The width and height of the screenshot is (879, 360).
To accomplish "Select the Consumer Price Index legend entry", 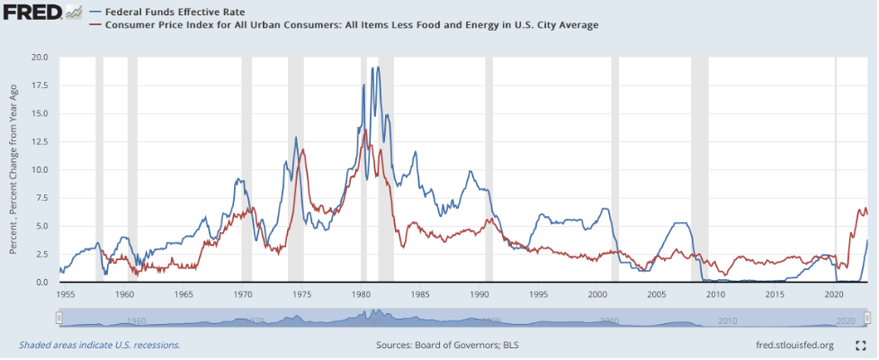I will (351, 25).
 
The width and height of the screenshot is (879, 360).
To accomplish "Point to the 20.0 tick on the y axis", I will (39, 57).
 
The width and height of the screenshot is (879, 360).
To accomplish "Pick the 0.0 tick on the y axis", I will (41, 283).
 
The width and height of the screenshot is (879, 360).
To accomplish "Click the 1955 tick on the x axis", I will (66, 294).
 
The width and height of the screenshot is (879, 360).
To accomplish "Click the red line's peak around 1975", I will (303, 150).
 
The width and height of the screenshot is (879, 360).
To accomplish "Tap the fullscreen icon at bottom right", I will (859, 345).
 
